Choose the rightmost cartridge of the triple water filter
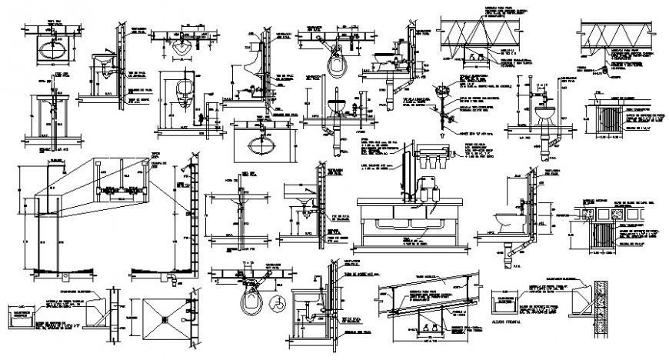447,163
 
